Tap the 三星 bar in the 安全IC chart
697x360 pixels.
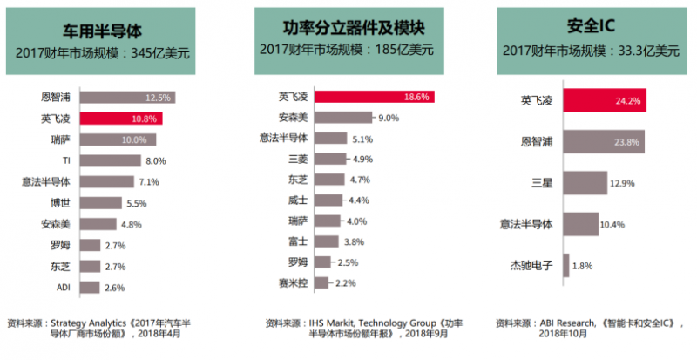(580, 182)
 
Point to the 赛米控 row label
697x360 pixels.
(292, 282)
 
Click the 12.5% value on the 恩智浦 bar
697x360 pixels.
(158, 98)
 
